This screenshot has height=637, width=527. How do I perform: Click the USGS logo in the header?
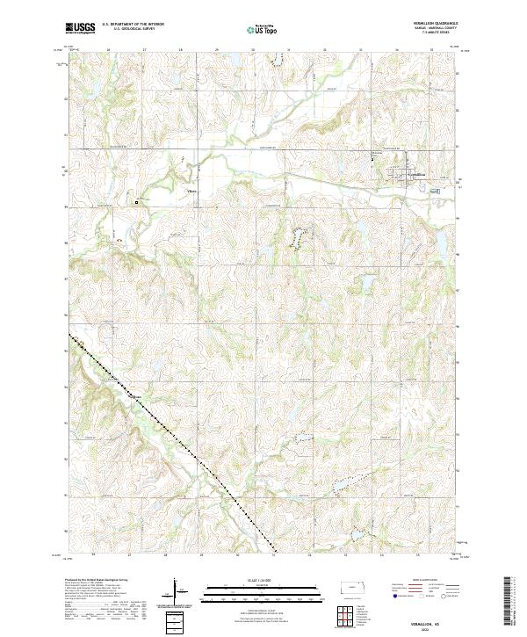point(80,29)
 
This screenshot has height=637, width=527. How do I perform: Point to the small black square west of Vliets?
point(137,202)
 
